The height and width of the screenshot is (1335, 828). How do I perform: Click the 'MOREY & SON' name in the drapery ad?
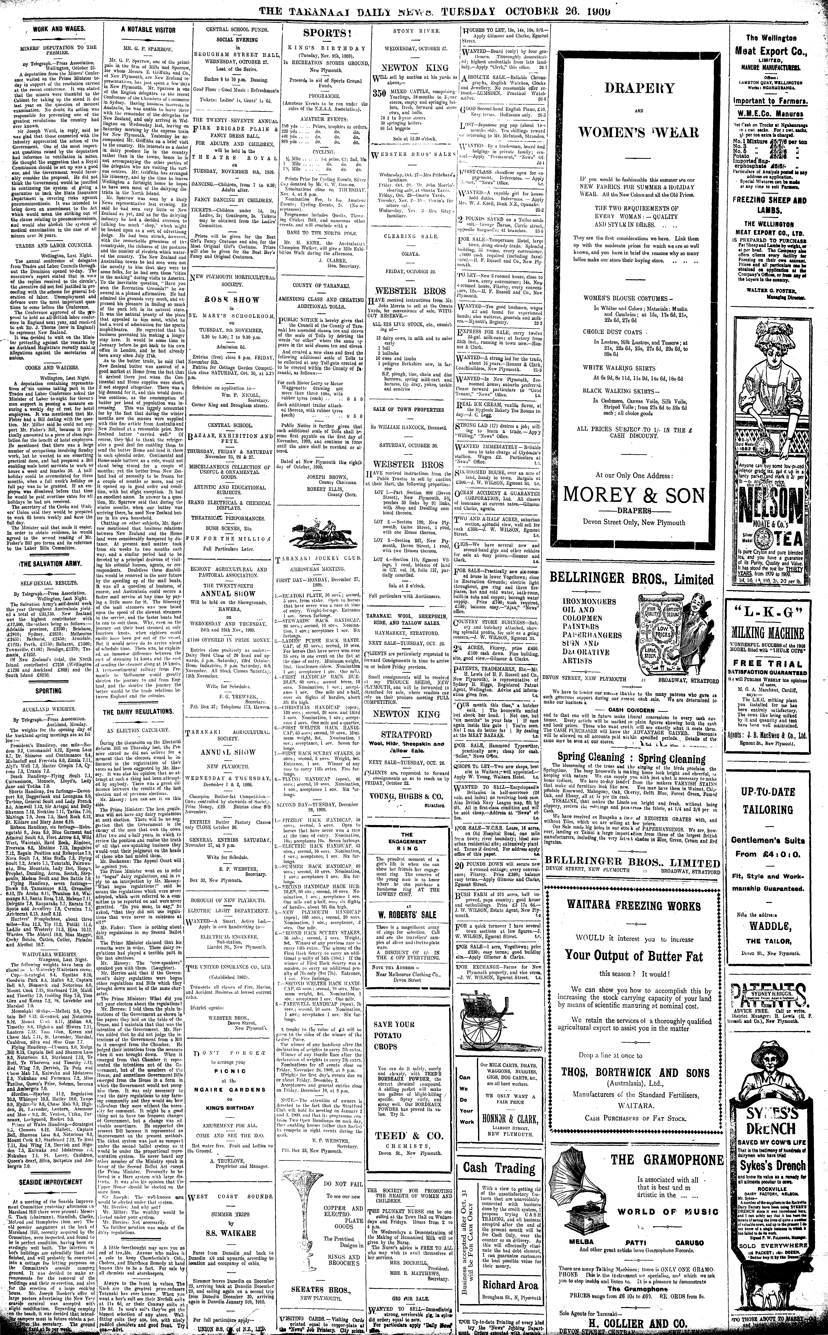634,495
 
